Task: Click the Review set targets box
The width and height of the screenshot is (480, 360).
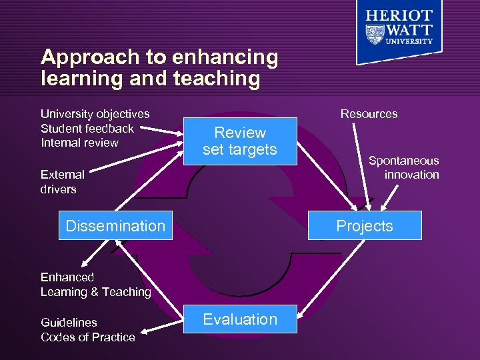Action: pos(239,141)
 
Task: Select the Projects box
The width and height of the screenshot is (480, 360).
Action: pos(365,225)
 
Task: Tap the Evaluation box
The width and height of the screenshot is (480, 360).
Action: pos(240,319)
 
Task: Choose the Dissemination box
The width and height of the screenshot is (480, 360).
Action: pos(115,225)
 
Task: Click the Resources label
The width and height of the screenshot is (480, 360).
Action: pos(369,114)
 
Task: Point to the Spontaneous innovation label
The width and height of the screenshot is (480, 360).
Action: pos(404,167)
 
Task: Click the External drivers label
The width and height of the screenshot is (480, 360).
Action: pos(62,182)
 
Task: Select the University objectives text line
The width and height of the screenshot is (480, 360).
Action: pos(95,114)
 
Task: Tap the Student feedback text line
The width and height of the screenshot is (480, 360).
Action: pos(87,128)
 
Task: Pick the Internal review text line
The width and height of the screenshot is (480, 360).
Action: pos(79,143)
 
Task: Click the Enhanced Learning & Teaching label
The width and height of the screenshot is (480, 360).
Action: pos(95,285)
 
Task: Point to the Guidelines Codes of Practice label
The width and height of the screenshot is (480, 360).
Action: pos(87,329)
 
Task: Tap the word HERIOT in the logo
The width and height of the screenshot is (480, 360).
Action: pos(399,16)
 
